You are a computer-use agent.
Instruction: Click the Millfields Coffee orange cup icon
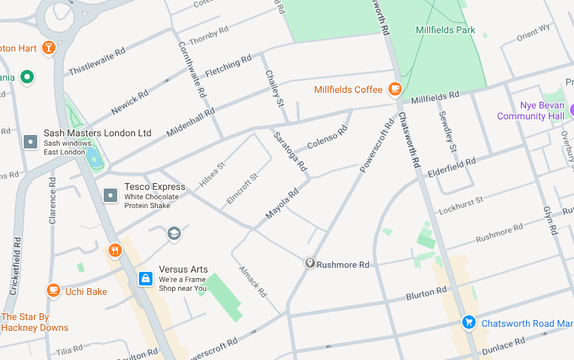(394, 89)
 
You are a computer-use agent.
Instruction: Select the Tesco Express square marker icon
(110, 195)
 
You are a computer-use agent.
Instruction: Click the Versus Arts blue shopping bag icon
(145, 278)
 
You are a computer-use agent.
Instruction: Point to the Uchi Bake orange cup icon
(53, 291)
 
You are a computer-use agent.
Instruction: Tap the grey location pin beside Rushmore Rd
(309, 262)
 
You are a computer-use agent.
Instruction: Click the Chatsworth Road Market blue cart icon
(468, 323)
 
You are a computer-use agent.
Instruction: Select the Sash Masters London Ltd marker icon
(30, 142)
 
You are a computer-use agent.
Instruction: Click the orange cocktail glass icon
(48, 47)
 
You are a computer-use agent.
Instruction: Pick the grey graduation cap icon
(174, 233)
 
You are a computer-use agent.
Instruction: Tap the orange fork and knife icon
(115, 250)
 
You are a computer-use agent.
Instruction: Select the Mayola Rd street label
(282, 203)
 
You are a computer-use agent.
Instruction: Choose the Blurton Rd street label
(426, 294)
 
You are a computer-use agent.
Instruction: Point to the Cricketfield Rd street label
(15, 265)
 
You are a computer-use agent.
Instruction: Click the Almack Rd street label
(252, 281)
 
